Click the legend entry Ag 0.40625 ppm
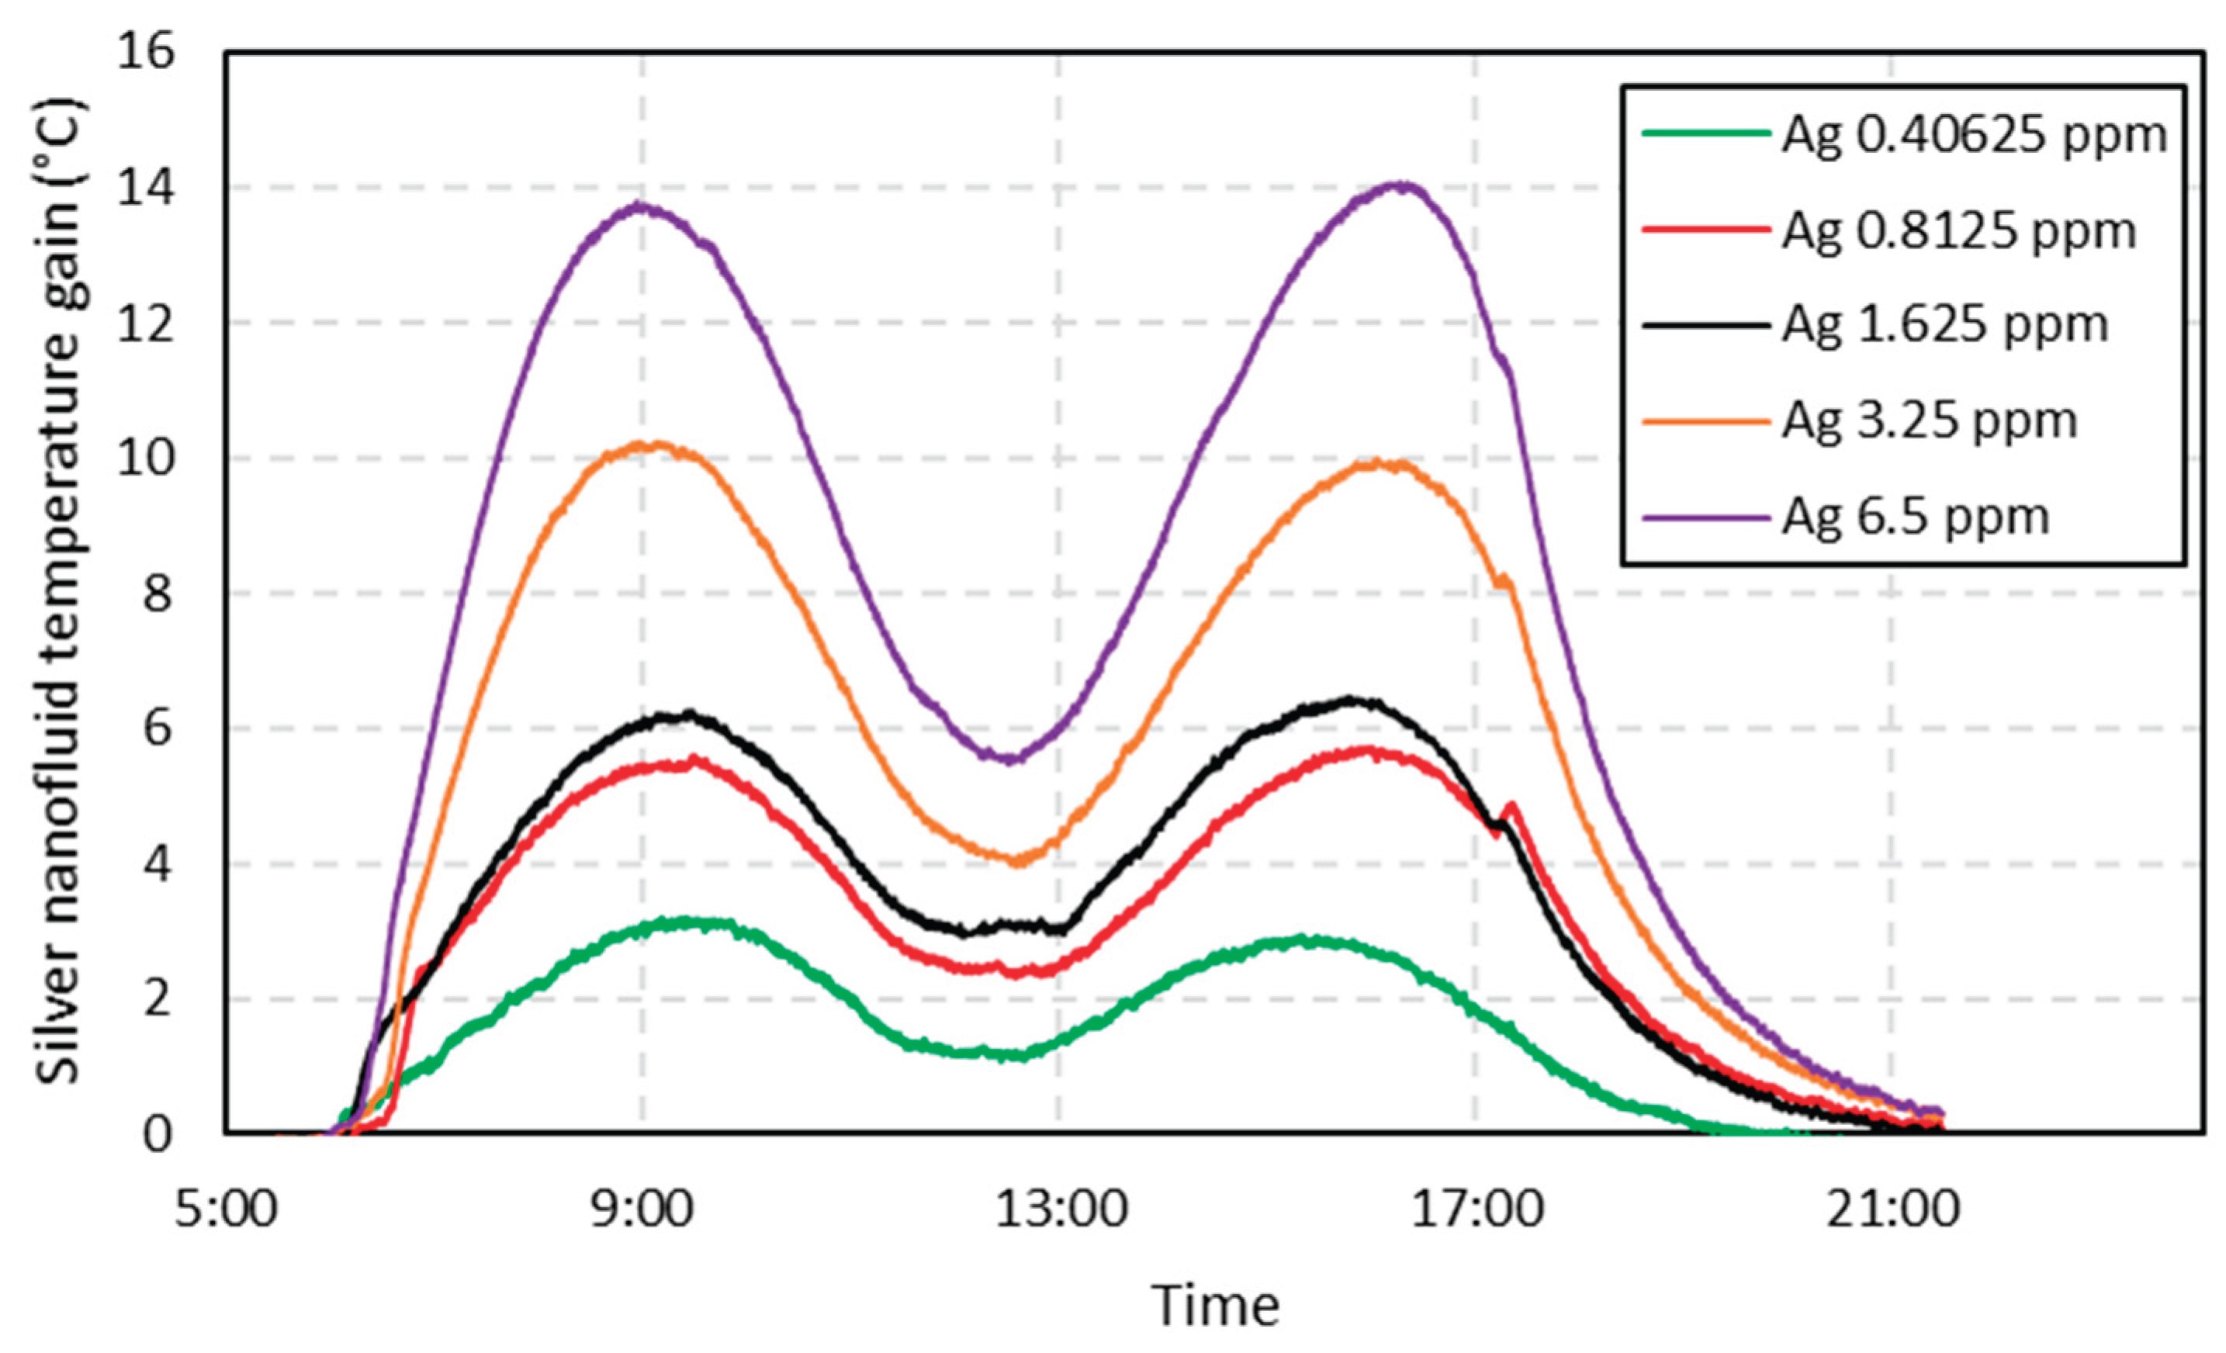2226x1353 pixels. point(1973,137)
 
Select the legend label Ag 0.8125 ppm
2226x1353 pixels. point(1958,232)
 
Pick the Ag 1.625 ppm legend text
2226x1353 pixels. point(1944,326)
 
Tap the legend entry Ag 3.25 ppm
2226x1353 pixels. point(1929,421)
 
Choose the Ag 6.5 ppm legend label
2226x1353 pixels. point(1914,517)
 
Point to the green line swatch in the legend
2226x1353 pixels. point(1704,133)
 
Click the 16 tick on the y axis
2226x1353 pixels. point(144,54)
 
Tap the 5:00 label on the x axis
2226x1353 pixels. point(226,1210)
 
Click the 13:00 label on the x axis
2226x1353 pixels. point(1061,1210)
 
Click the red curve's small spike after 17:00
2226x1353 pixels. point(1511,804)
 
